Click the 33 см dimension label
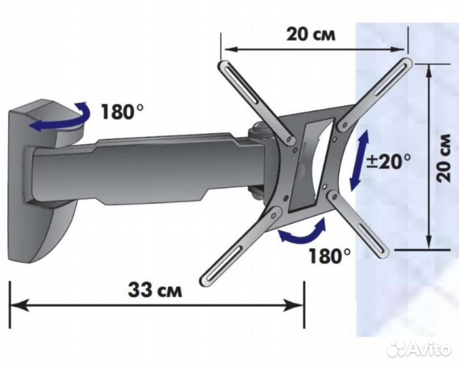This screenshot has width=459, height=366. (155, 290)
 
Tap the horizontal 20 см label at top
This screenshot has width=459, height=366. (311, 35)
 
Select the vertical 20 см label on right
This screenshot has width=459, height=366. (443, 158)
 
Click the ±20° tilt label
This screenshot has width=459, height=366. (389, 161)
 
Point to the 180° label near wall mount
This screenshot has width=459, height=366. (122, 112)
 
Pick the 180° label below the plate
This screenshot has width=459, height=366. (329, 256)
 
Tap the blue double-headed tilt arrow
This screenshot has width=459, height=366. (359, 160)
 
